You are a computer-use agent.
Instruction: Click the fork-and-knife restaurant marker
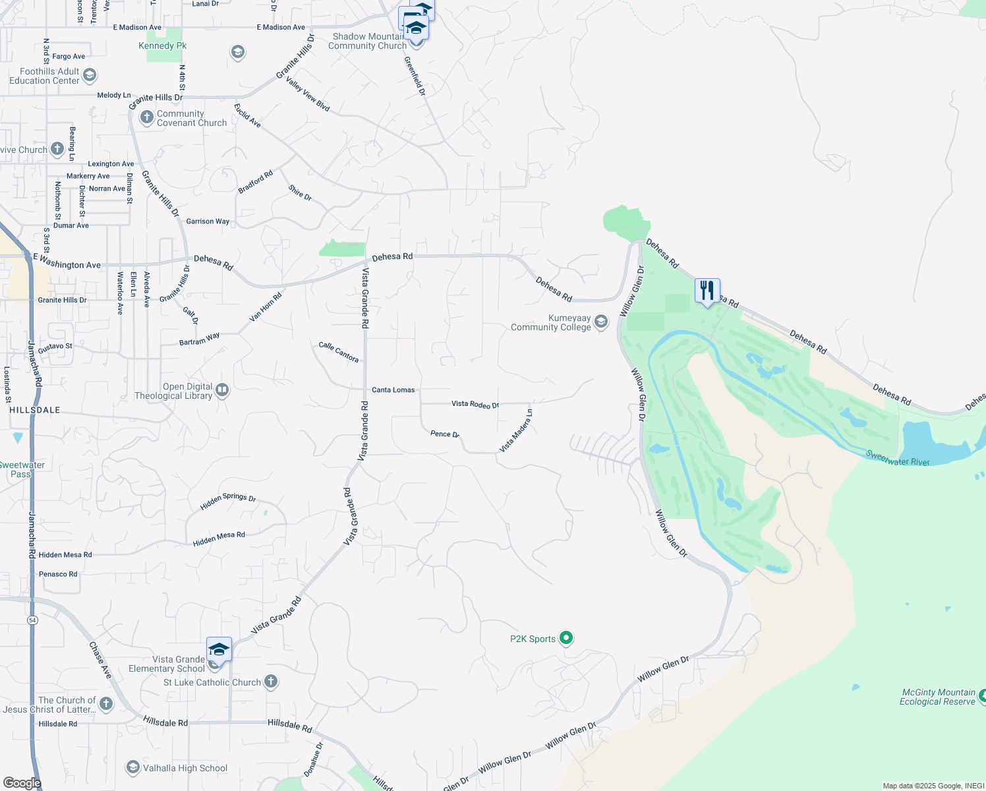point(707,290)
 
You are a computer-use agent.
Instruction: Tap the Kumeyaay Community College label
point(551,322)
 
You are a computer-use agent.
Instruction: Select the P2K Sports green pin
point(566,638)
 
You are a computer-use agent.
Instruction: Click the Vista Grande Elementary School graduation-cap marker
point(219,650)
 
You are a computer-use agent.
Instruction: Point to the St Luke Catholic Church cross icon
point(271,682)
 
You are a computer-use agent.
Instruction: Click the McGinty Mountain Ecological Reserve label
point(937,697)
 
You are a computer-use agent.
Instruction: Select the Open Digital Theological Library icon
point(222,390)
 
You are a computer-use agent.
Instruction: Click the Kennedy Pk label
point(162,45)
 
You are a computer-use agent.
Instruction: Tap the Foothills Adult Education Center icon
point(90,75)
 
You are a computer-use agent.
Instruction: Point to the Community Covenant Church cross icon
point(147,117)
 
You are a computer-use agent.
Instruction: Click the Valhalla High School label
point(185,768)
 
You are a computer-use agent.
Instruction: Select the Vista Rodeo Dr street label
point(475,404)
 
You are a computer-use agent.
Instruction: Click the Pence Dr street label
point(444,434)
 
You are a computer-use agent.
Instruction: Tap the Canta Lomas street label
point(393,390)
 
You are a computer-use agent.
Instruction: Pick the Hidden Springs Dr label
point(228,501)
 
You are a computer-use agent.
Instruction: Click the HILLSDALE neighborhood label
point(35,410)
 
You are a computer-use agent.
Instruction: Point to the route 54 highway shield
point(32,620)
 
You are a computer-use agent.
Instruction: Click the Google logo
point(22,783)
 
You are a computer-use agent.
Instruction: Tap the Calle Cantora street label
point(339,352)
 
